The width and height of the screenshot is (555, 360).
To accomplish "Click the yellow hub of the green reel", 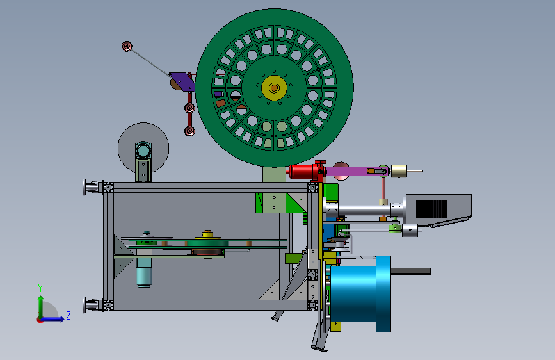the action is coord(274,88).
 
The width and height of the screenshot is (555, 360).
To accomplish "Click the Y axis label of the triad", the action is coord(40,288).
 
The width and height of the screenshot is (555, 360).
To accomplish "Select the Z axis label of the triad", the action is coord(68,315).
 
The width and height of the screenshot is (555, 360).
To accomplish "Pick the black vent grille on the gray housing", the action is coord(431,209).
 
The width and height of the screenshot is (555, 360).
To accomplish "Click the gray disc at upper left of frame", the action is coord(143,148).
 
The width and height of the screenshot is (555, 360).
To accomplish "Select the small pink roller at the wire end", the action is coord(127,46).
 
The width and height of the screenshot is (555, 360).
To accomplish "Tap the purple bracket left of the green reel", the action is coord(182,81).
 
